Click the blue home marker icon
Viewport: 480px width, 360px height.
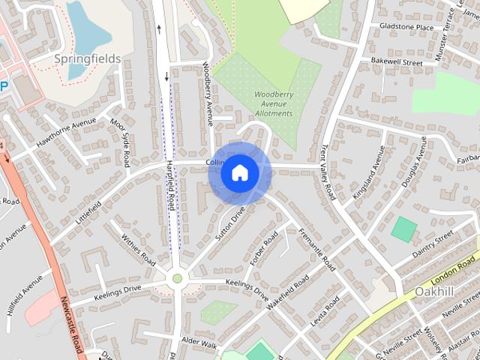[x=240, y=173]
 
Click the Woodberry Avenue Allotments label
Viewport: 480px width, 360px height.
[x=273, y=103]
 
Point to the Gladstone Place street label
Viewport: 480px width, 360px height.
[x=406, y=28]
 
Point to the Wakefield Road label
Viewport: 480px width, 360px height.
[x=289, y=292]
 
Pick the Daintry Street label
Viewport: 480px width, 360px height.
[x=433, y=244]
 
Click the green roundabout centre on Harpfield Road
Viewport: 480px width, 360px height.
[x=178, y=279]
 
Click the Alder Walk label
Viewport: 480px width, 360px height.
[x=199, y=345]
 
